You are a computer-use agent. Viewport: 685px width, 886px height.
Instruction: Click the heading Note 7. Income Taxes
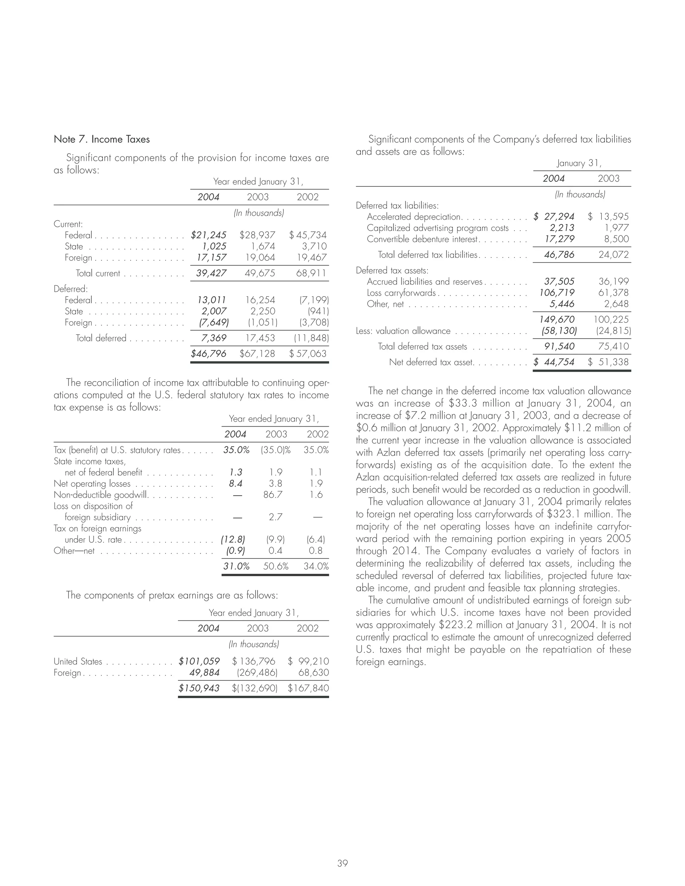tap(101, 139)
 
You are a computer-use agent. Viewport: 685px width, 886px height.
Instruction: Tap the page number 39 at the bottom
tap(342, 852)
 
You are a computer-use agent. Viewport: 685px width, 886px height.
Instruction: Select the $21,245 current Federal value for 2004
tap(209, 235)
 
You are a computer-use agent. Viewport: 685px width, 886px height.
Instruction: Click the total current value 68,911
tap(311, 273)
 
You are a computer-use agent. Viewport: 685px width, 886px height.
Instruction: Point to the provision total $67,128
tap(257, 353)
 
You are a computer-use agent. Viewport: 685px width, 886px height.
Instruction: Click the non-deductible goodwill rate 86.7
tap(273, 494)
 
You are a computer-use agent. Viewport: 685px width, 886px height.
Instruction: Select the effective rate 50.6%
tap(276, 566)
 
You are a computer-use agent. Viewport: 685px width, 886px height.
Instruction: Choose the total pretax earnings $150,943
tap(199, 688)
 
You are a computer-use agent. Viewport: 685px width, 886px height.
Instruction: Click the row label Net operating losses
tap(92, 483)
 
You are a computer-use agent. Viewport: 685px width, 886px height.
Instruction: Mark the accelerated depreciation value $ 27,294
tap(554, 217)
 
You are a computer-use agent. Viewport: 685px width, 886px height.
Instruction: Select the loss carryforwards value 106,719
tap(557, 293)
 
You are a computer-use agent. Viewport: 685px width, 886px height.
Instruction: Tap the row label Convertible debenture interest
tap(422, 239)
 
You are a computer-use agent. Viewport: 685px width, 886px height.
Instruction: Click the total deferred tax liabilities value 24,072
tap(613, 255)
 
